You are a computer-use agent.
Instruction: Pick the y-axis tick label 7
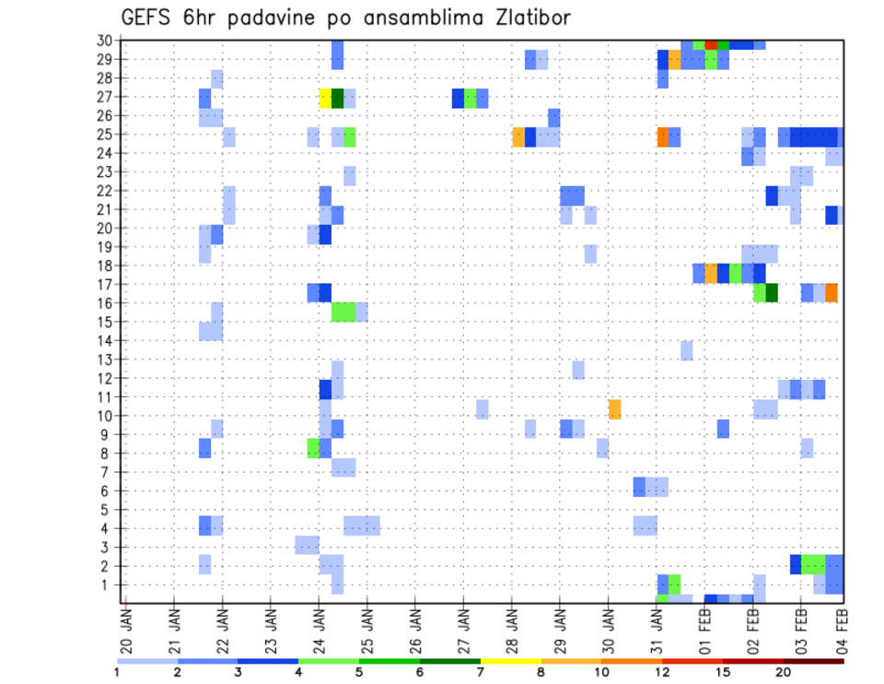pos(108,472)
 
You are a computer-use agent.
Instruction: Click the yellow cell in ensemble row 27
pos(325,98)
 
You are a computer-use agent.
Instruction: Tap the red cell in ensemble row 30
pos(711,44)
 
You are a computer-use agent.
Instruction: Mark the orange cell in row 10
pos(614,408)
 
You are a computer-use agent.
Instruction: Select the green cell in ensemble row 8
pos(313,448)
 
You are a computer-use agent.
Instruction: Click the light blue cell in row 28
pos(217,78)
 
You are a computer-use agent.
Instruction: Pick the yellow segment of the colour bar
pos(510,660)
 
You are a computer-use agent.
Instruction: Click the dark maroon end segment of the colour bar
pos(813,660)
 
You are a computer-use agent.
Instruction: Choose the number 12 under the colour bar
pos(662,673)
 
